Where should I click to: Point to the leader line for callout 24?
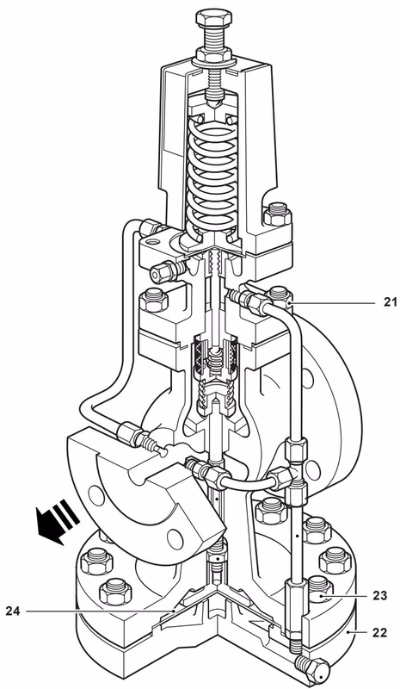[x=103, y=611]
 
